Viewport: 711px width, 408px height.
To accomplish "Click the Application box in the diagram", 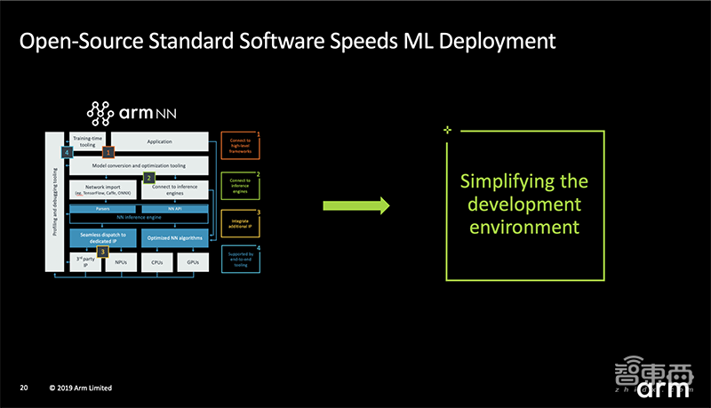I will (160, 141).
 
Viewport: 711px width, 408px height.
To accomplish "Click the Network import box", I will (102, 190).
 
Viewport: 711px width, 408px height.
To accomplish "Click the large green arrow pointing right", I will (355, 205).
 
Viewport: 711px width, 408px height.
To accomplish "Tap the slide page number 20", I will (25, 389).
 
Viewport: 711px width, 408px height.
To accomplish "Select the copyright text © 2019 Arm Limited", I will (81, 389).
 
